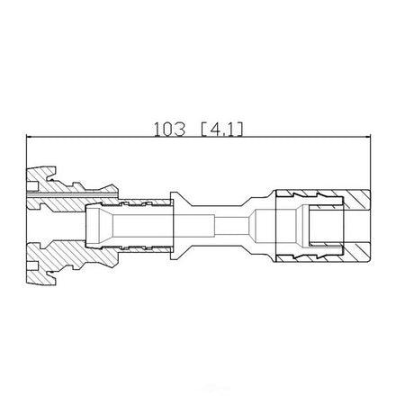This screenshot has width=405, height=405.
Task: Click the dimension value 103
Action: pos(169,130)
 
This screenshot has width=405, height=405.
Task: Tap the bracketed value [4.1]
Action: pos(221,130)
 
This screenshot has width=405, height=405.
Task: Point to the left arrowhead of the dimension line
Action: pos(30,137)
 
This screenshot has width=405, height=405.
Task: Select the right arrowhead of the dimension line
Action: pos(368,137)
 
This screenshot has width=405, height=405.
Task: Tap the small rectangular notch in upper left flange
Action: pos(32,186)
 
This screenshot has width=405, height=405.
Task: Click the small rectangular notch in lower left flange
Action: pos(32,265)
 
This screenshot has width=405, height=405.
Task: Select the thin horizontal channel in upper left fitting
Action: pos(71,196)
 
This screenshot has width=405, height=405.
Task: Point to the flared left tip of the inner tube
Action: pos(93,225)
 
